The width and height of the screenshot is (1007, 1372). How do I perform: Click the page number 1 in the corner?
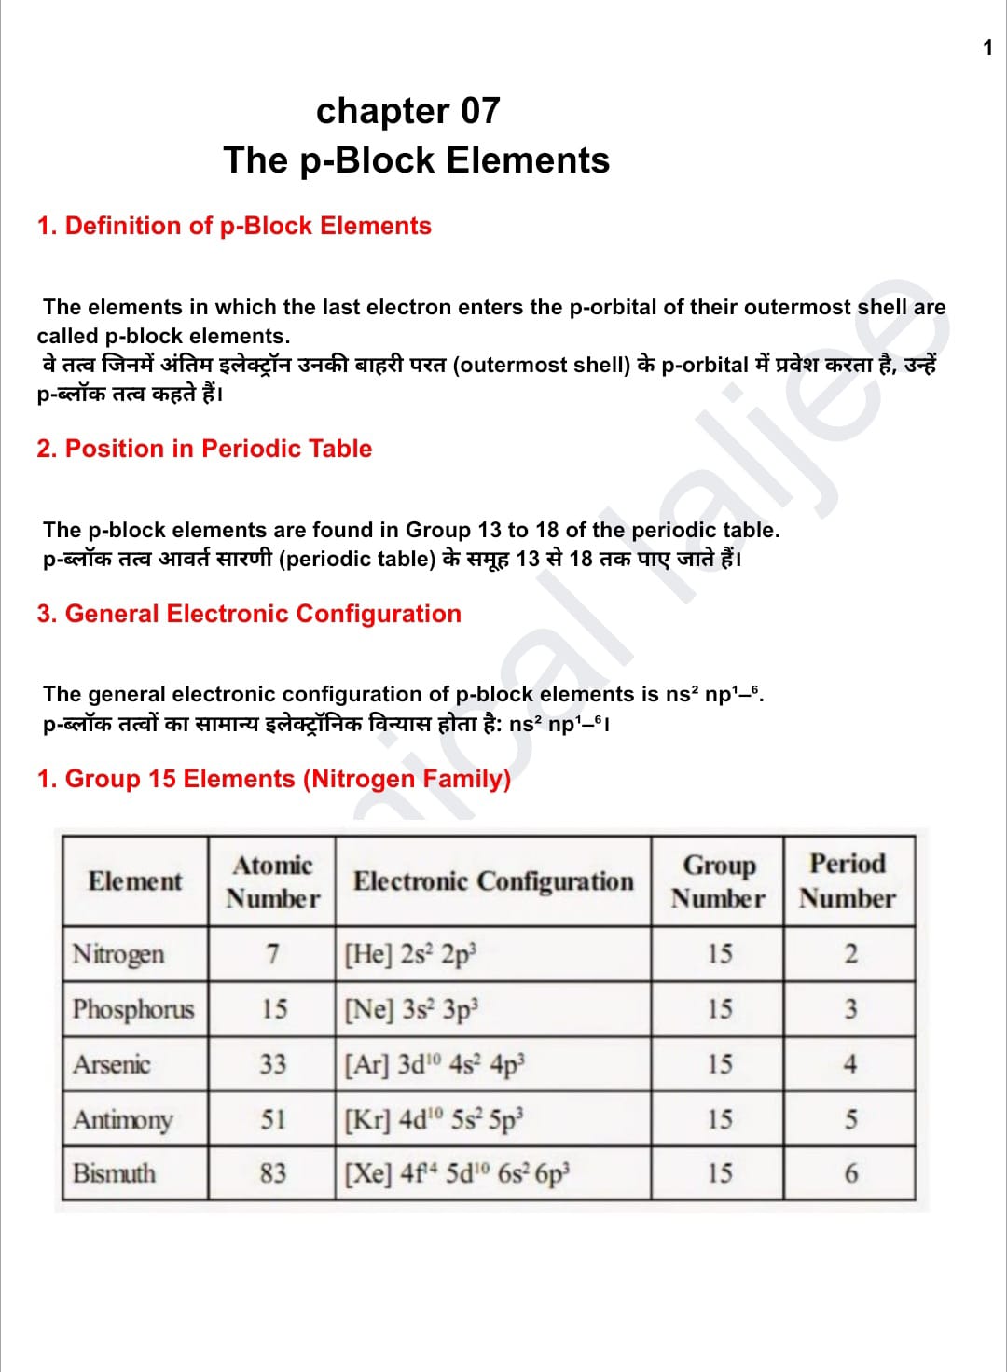coord(987,48)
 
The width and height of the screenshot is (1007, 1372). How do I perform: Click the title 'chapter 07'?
coord(408,111)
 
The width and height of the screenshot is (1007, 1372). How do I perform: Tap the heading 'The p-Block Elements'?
coord(416,160)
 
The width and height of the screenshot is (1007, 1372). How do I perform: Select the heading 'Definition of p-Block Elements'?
coord(234,226)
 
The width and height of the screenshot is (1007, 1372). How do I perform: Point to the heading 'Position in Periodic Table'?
coord(204,449)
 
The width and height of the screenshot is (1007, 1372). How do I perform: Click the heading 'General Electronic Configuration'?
coord(249,614)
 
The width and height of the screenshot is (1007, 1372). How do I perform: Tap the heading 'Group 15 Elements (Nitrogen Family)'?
coord(274,779)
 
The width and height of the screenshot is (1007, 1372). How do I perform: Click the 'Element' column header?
coord(135,881)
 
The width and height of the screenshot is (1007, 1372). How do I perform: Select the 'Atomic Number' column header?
coord(272,881)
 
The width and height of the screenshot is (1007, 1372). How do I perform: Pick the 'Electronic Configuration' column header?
coord(493,881)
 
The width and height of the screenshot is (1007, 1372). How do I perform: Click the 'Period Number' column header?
coord(848,881)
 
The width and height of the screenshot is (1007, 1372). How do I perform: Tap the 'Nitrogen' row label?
coord(118,954)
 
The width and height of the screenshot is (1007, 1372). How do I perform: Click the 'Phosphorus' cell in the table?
coord(133,1009)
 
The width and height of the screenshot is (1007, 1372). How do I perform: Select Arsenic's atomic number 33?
coord(273,1064)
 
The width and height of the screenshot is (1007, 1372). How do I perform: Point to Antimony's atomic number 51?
coord(273,1119)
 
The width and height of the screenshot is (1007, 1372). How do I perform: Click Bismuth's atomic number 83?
coord(273,1173)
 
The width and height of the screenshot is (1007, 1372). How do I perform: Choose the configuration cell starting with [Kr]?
coord(435,1119)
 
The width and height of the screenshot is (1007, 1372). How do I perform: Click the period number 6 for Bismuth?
coord(850,1173)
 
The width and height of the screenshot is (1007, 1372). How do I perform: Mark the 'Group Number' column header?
coord(718,881)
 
